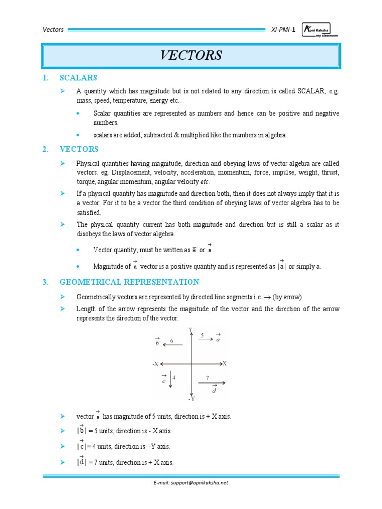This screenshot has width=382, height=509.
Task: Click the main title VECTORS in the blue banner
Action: tap(191, 55)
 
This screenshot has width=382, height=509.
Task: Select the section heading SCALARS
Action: tap(78, 78)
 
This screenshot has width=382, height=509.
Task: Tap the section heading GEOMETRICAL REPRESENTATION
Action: tap(129, 282)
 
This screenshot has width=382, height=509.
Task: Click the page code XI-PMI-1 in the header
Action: tap(284, 29)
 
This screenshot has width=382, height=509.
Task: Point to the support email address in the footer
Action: tap(191, 482)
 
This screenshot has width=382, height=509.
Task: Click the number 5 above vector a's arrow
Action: tap(202, 335)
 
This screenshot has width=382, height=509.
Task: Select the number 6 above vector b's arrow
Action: tap(171, 341)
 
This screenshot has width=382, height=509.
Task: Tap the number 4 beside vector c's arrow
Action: tap(174, 377)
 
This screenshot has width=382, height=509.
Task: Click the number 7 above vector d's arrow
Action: tap(207, 378)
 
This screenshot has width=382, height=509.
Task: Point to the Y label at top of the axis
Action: tap(191, 330)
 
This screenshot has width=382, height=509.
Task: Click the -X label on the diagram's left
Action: tap(155, 364)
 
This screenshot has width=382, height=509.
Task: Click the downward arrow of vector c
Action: tap(169, 377)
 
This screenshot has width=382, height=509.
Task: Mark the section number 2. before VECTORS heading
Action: tap(45, 149)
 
